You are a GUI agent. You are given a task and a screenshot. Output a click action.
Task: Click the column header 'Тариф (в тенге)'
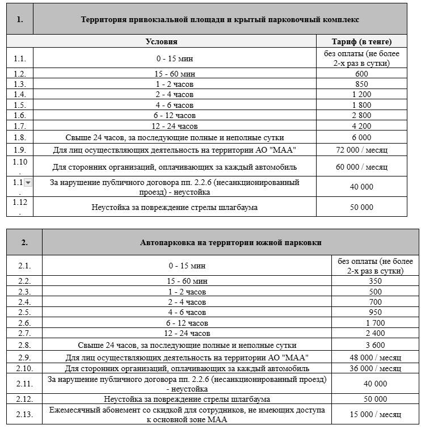click(361, 41)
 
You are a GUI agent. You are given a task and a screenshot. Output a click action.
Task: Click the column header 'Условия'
click(161, 41)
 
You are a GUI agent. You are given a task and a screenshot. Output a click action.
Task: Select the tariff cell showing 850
click(361, 84)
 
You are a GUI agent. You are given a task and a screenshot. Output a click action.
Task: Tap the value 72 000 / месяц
click(361, 150)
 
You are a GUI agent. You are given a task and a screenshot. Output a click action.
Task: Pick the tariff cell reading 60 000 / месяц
click(361, 167)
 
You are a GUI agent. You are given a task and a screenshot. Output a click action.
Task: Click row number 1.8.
click(19, 137)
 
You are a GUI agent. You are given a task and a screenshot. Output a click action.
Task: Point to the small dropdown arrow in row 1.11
click(28, 183)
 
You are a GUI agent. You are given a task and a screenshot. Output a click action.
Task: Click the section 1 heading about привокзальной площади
click(220, 19)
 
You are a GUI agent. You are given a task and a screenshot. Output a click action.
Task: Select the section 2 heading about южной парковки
click(230, 242)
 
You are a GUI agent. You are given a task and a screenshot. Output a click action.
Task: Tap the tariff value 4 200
click(361, 126)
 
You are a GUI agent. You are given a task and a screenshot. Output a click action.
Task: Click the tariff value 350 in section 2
click(375, 281)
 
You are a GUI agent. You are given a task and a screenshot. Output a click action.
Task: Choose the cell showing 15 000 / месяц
click(375, 414)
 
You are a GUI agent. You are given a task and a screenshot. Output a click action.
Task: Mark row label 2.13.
click(24, 414)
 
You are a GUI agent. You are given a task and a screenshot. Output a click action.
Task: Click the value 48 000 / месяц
click(375, 357)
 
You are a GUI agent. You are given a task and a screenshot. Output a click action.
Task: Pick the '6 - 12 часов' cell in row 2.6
click(187, 323)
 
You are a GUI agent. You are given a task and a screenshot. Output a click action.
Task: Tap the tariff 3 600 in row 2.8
click(375, 345)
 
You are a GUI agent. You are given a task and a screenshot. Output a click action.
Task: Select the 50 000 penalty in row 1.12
click(361, 207)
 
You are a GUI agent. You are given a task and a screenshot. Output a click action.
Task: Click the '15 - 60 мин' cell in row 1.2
click(175, 74)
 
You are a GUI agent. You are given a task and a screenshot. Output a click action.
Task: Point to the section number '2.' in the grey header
click(24, 242)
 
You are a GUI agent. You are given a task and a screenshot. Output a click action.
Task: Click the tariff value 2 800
click(361, 116)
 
